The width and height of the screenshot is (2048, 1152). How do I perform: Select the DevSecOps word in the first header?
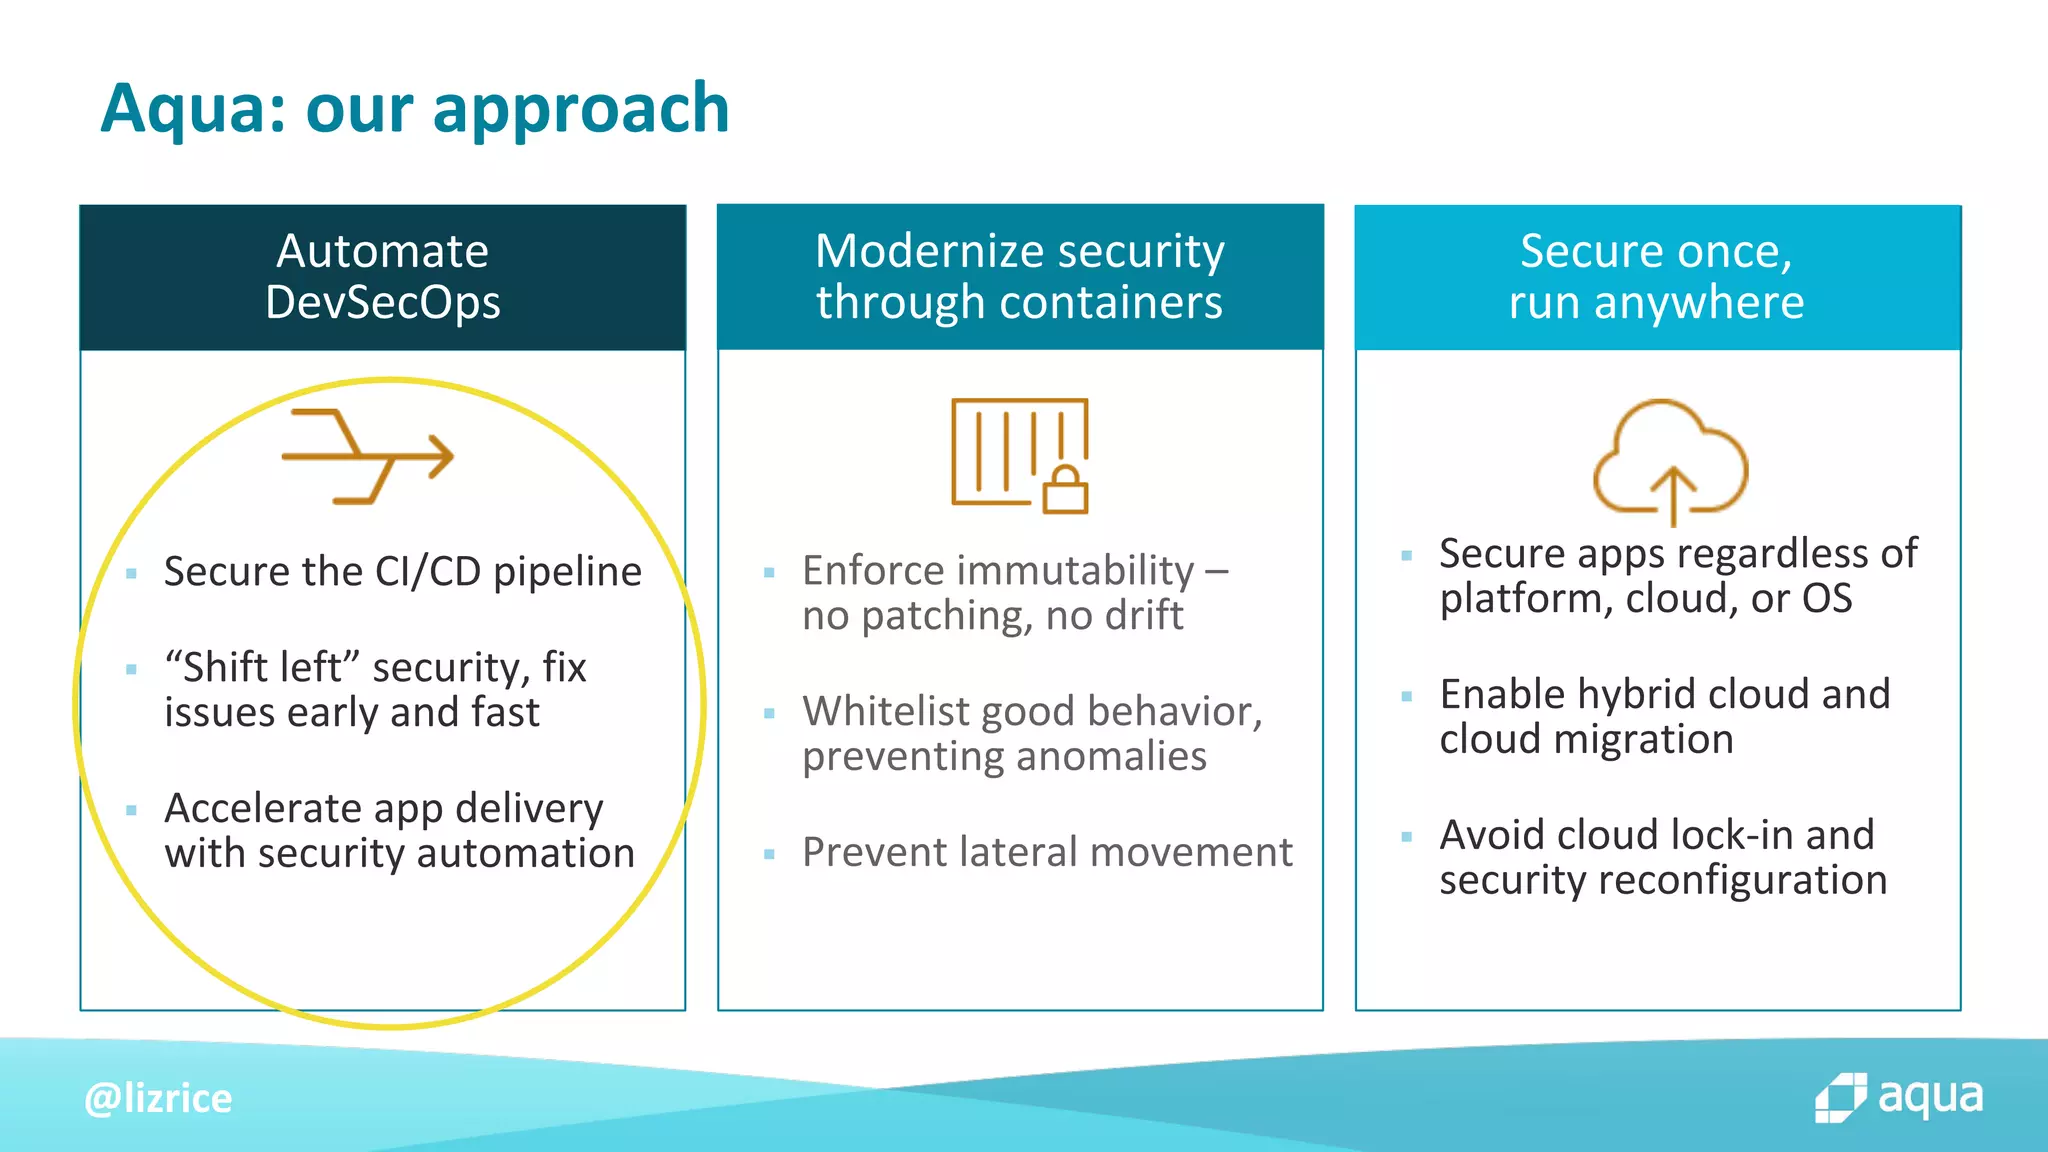click(383, 302)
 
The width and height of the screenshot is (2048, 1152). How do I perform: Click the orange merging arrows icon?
click(368, 456)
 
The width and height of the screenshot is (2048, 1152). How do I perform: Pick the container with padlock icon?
click(1018, 454)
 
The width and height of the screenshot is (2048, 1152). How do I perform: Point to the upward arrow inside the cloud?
click(1673, 494)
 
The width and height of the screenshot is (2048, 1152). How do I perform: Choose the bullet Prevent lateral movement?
click(1046, 852)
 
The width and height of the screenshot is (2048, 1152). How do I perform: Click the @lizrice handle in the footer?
click(158, 1098)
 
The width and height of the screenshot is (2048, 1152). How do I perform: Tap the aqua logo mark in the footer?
click(1840, 1098)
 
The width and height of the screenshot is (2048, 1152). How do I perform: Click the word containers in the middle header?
click(1109, 302)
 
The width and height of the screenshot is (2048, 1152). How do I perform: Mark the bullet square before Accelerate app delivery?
click(131, 810)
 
